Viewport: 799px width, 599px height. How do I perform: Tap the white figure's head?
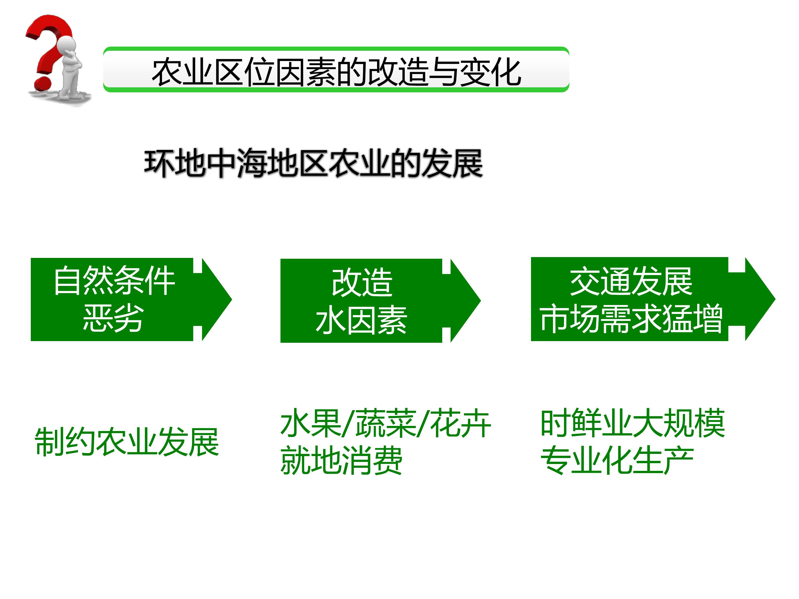pyautogui.click(x=67, y=46)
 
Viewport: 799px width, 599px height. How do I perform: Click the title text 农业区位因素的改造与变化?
pyautogui.click(x=336, y=72)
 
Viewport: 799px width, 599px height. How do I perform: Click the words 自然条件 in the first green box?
pyautogui.click(x=115, y=281)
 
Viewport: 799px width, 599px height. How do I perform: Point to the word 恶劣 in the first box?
pyautogui.click(x=113, y=318)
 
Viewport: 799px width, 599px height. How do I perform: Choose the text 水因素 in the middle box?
pyautogui.click(x=361, y=320)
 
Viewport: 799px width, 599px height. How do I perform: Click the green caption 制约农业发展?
pyautogui.click(x=127, y=442)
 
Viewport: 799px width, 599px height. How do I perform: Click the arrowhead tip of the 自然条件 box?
pyautogui.click(x=232, y=299)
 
